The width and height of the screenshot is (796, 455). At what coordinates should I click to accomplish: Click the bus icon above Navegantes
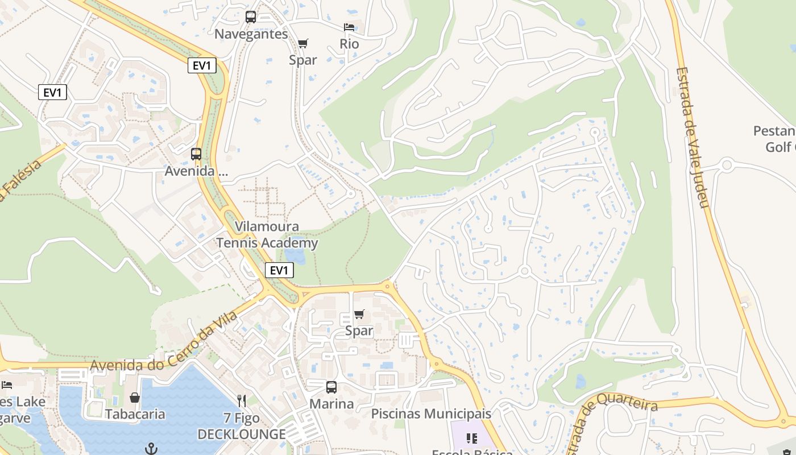point(251,17)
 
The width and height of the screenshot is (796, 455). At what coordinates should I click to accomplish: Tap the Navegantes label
point(251,34)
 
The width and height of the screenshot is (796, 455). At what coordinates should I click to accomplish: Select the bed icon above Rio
point(349,27)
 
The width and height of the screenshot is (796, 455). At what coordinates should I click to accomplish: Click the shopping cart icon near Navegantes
point(303,44)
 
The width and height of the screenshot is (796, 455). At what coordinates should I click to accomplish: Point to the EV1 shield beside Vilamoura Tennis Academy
point(279,270)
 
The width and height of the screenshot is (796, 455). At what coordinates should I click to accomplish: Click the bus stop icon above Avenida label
point(196,154)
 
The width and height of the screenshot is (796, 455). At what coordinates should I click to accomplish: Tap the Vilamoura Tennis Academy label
point(267,235)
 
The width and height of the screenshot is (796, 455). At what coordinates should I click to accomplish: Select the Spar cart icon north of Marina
point(359,315)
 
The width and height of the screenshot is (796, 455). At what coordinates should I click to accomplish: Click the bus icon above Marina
point(331,387)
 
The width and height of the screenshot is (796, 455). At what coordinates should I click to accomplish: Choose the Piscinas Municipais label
point(431,413)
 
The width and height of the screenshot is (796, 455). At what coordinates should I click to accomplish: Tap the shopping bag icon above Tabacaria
point(135,398)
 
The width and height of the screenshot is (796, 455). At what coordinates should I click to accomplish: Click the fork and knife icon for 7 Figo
point(242,401)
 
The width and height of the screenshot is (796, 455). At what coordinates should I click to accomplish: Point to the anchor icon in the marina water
point(151,449)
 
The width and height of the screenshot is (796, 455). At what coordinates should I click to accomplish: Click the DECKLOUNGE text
point(242,435)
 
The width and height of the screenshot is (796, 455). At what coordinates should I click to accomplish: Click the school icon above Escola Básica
point(471,438)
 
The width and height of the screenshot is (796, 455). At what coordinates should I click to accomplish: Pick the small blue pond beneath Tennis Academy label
point(296,257)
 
